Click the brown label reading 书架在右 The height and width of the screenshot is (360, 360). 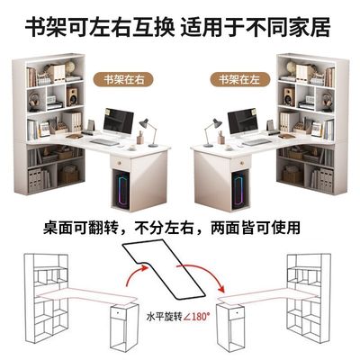pyautogui.click(x=124, y=78)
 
